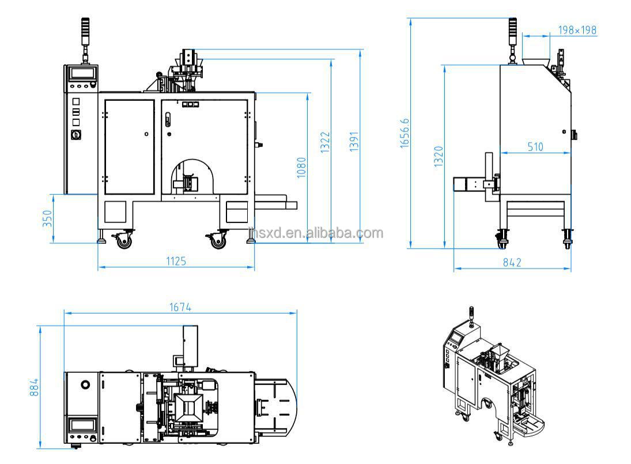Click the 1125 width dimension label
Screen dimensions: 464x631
click(176, 261)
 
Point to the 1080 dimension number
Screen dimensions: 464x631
click(301, 168)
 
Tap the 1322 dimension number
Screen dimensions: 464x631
click(326, 142)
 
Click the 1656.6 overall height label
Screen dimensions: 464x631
click(405, 134)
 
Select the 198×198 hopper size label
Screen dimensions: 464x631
click(577, 30)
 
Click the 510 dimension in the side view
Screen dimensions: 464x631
click(535, 147)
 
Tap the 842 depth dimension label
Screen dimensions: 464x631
click(512, 262)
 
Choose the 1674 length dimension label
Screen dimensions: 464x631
click(180, 307)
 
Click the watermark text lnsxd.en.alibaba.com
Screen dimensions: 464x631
click(315, 233)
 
